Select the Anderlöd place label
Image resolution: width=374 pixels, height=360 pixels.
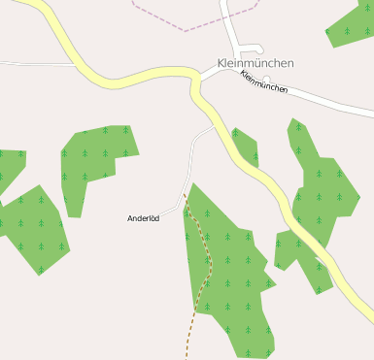pos(143,218)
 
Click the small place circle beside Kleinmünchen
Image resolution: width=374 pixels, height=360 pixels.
pos(267,78)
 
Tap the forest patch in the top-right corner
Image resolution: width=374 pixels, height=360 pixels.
pos(352,24)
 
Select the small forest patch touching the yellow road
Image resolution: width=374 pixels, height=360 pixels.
pos(246,147)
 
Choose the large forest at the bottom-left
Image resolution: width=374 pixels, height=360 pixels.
pos(34,228)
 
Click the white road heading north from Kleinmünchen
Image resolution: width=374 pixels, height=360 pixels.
pos(229,24)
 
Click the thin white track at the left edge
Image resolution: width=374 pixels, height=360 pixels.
pos(34,64)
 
